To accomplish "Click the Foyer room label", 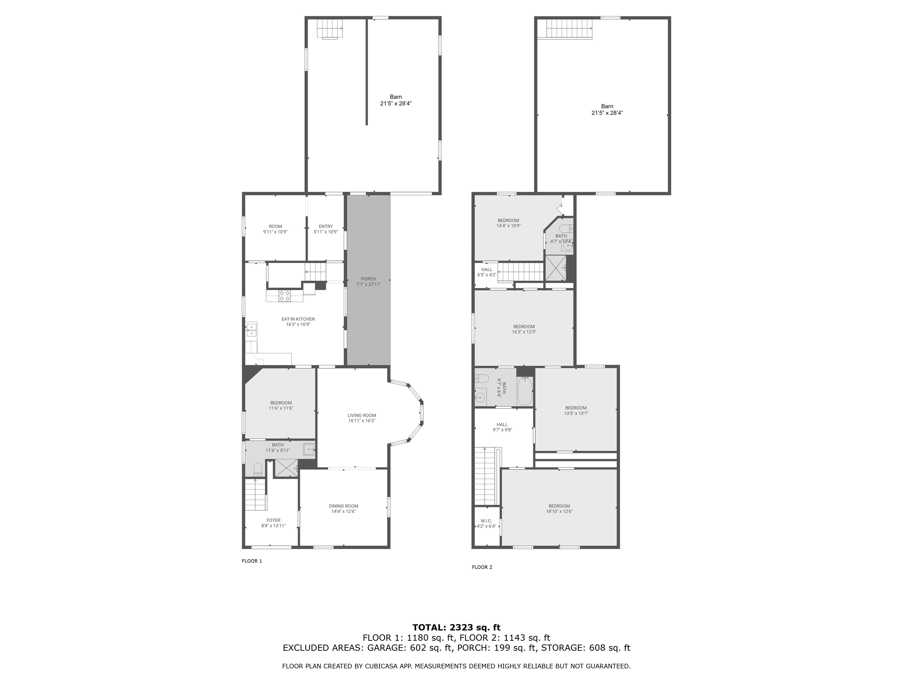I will pos(273,521).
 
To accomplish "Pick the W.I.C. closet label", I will pos(486,521).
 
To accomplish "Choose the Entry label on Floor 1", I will pos(326,227).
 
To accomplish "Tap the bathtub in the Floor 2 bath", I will pos(525,391).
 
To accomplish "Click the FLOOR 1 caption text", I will pos(252,561).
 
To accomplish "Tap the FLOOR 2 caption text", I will pos(482,567).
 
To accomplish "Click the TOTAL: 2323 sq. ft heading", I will pos(456,628).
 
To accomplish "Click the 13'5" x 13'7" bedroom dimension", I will pos(576,413).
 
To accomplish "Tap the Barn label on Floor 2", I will pos(607,106).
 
